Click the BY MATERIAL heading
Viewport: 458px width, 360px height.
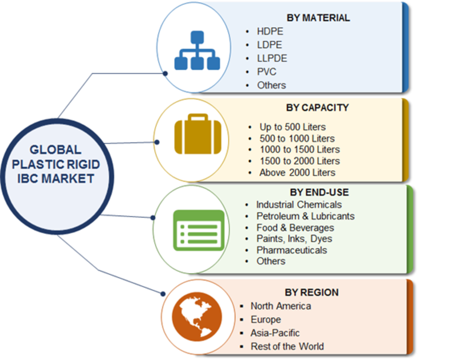(318, 18)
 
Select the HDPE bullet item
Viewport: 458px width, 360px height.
(270, 31)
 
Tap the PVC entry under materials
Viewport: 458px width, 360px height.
(266, 72)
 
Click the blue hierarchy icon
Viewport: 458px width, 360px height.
(197, 50)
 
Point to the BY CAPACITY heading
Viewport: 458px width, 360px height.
(318, 108)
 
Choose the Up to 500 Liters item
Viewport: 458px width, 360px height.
(293, 127)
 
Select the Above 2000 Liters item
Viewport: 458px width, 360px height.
(297, 172)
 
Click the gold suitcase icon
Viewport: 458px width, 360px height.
(198, 134)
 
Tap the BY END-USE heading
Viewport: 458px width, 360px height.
(319, 192)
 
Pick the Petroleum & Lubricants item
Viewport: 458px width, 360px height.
(306, 216)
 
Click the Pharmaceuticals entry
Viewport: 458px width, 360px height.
(291, 250)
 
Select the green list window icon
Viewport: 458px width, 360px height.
(199, 230)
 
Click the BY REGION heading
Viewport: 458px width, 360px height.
(311, 292)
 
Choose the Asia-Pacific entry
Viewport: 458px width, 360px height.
(275, 333)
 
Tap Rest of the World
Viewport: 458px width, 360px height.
(287, 346)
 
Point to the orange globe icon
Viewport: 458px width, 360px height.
(196, 317)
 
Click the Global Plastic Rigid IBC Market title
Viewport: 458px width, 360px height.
(56, 164)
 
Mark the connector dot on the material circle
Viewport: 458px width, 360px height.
(165, 74)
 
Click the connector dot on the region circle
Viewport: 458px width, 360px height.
(163, 294)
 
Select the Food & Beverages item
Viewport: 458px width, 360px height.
(295, 227)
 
